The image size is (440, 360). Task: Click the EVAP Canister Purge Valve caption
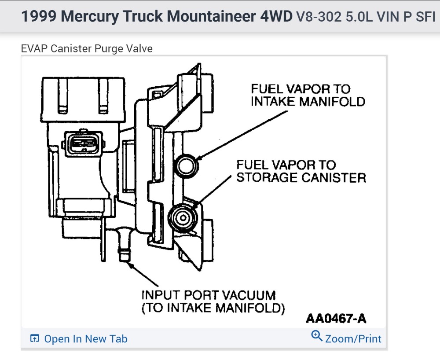(x=87, y=48)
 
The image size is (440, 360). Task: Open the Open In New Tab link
(x=85, y=339)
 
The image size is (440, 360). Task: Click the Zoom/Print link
(x=353, y=338)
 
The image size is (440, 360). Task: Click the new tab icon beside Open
(x=34, y=338)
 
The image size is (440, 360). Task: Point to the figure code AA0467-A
(x=336, y=318)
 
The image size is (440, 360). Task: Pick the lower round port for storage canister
(x=181, y=216)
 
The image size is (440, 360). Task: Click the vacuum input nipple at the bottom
(x=123, y=255)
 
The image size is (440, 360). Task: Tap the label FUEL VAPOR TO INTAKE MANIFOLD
(x=308, y=95)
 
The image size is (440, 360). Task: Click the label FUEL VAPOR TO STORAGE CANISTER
(x=301, y=171)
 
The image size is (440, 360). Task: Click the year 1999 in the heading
(x=39, y=16)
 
